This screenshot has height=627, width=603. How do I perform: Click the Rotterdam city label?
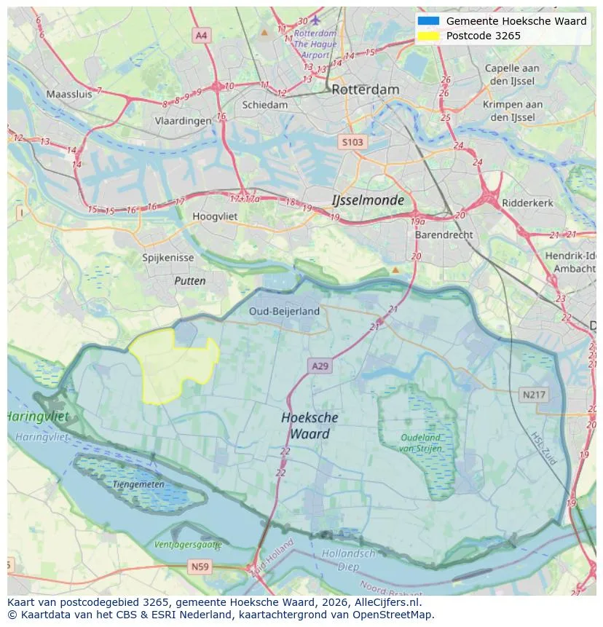365,90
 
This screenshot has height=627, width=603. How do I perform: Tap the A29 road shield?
320,366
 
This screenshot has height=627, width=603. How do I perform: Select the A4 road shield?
202,35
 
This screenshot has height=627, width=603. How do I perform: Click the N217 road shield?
534,395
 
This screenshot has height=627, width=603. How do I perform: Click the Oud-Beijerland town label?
284,311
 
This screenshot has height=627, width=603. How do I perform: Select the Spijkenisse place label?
167,258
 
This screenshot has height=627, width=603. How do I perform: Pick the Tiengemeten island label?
138,484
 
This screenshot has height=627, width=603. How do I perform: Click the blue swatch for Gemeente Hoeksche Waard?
429,21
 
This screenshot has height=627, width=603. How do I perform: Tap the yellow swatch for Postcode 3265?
429,36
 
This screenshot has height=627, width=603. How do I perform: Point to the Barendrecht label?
444,235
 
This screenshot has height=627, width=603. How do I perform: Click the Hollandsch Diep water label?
349,559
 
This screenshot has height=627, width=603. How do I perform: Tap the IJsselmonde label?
367,200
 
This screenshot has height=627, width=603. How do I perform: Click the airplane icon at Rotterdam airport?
315,20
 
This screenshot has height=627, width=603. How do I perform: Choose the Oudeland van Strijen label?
420,443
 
